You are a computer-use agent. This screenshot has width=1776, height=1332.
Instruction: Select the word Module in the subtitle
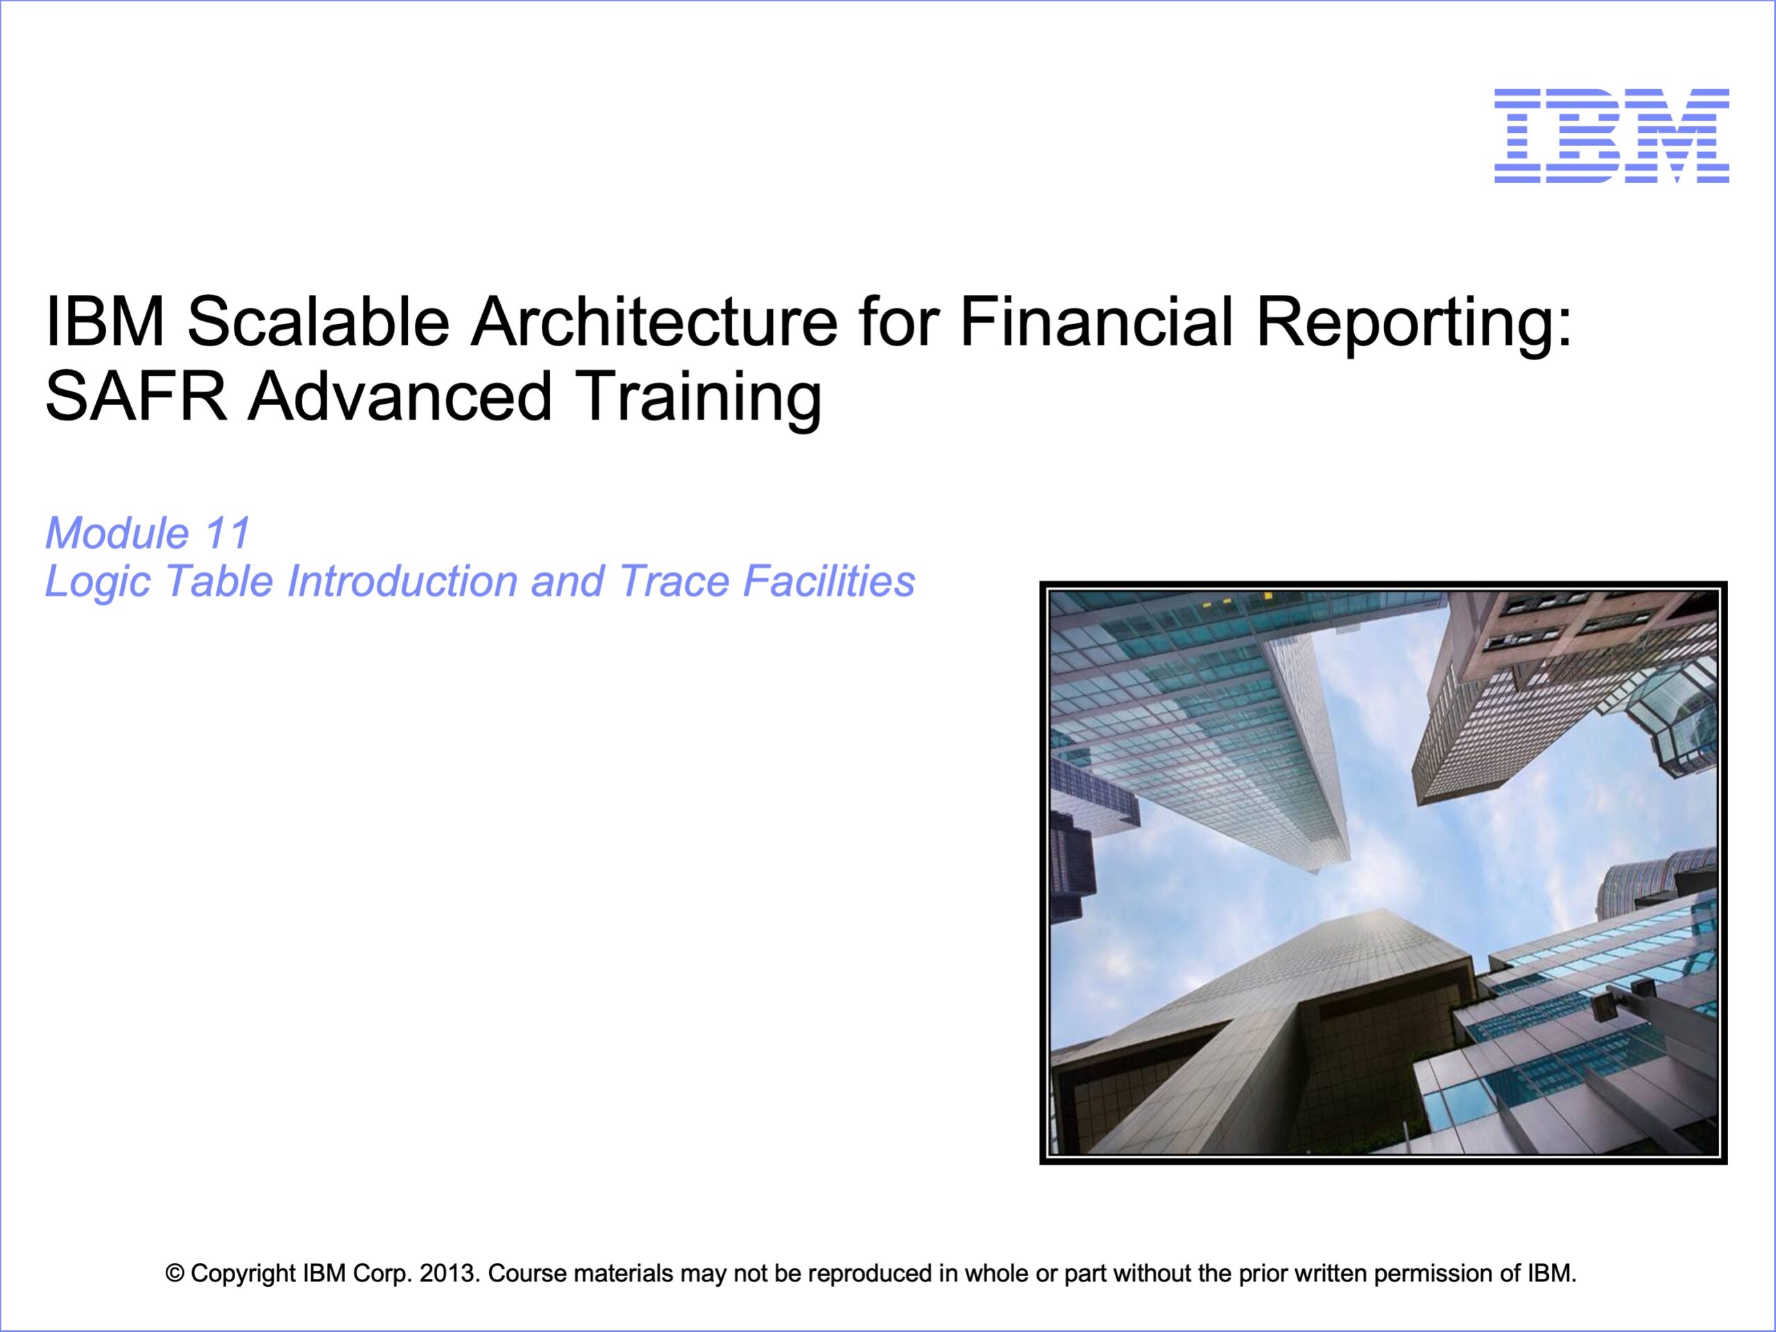117,533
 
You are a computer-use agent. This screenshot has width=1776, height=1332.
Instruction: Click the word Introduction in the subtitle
402,581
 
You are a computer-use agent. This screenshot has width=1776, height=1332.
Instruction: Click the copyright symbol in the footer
174,1274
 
